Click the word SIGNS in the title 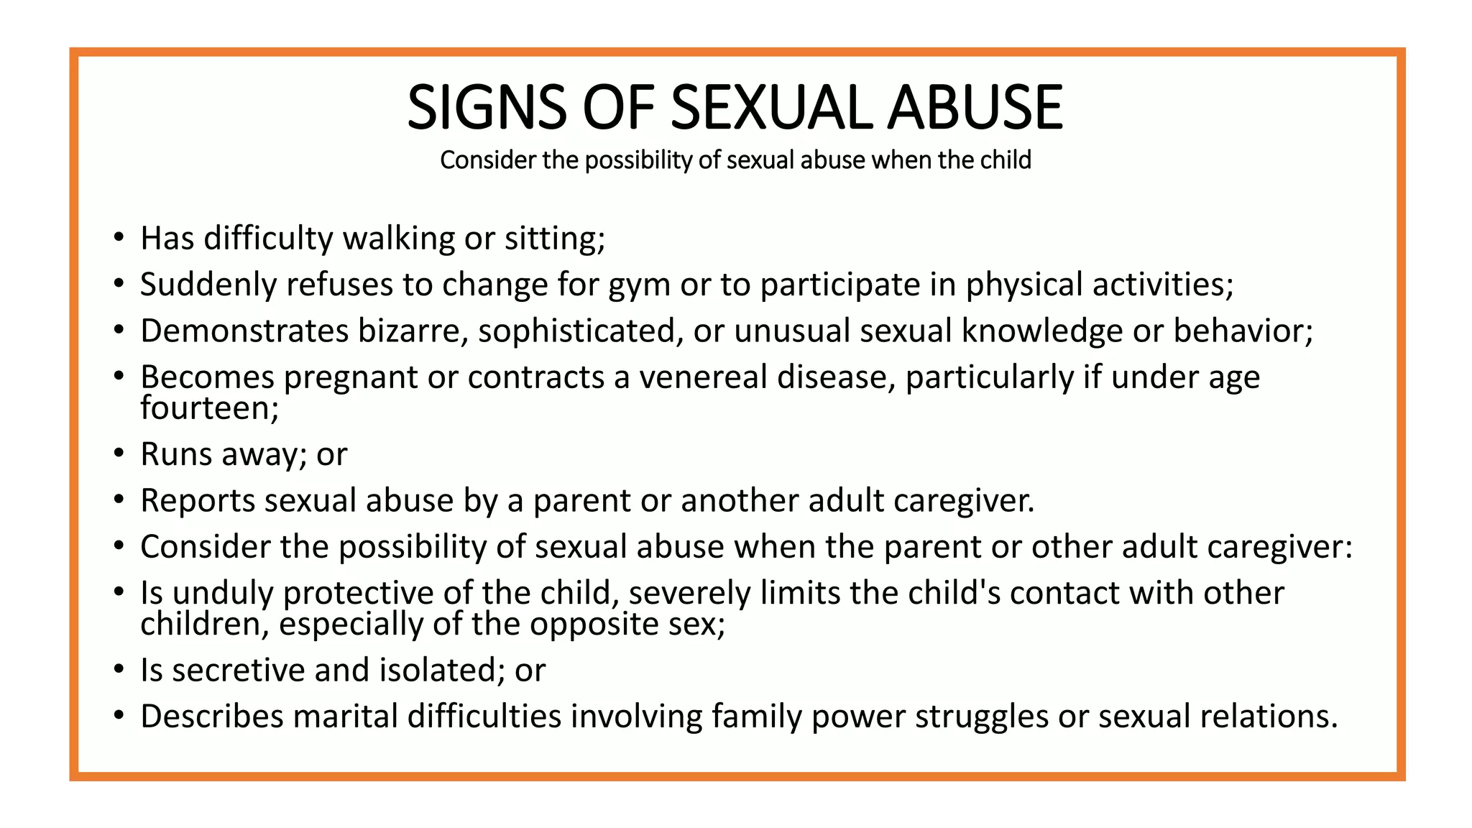pyautogui.click(x=487, y=108)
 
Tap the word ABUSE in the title pyautogui.click(x=975, y=108)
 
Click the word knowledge pyautogui.click(x=1042, y=331)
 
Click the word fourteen pyautogui.click(x=206, y=408)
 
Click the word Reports pyautogui.click(x=198, y=501)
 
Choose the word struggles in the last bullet pyautogui.click(x=982, y=718)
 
